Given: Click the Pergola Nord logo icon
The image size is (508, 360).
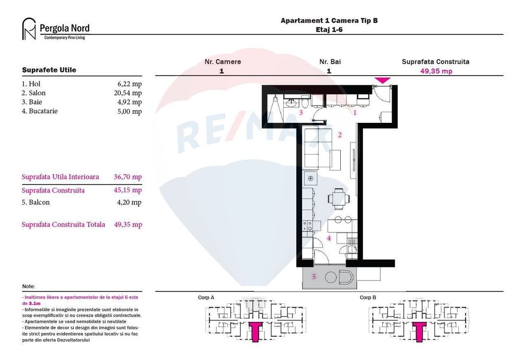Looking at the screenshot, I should pyautogui.click(x=29, y=29).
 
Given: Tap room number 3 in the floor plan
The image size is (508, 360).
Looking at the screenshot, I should pyautogui.click(x=301, y=113).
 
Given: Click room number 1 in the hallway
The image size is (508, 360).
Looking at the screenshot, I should pyautogui.click(x=355, y=112).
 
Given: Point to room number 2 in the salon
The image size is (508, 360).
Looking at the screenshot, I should pyautogui.click(x=340, y=135).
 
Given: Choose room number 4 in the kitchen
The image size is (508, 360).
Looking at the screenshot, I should pyautogui.click(x=329, y=239).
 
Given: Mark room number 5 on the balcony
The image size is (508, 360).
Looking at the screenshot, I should pyautogui.click(x=314, y=276).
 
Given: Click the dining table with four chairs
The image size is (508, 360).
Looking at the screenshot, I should pyautogui.click(x=339, y=200).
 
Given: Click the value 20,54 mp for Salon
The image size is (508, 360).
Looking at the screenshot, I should pyautogui.click(x=129, y=93).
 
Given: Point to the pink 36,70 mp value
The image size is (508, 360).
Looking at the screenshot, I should pyautogui.click(x=128, y=177).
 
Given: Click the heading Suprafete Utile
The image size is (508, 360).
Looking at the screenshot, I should pyautogui.click(x=49, y=70).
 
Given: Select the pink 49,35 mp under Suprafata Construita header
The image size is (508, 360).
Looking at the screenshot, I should pyautogui.click(x=436, y=71).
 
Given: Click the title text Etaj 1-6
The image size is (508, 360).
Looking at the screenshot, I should pyautogui.click(x=329, y=30).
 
